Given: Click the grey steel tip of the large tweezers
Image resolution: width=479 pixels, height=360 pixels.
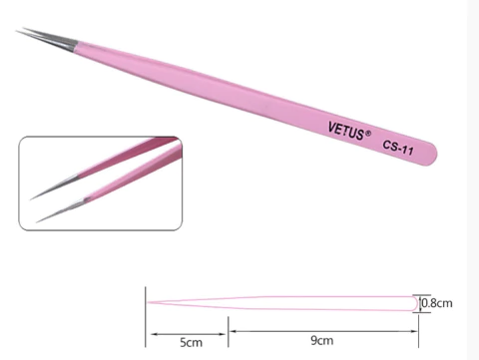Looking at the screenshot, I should pyautogui.click(x=40, y=40).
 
